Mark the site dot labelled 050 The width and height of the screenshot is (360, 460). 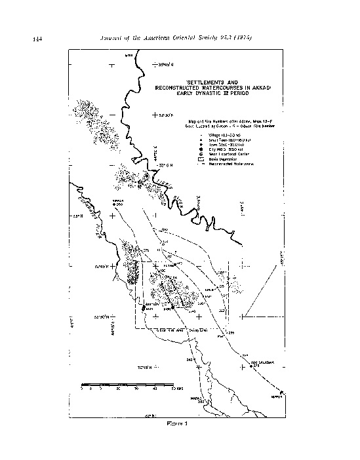pos(114,204)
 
